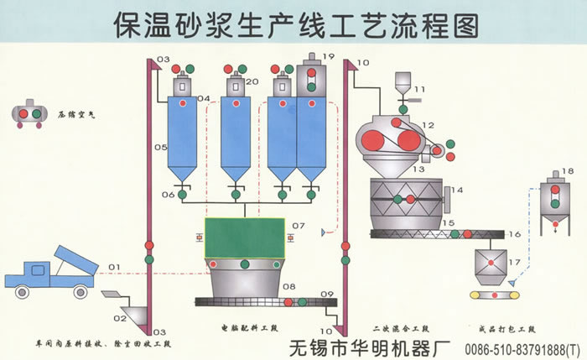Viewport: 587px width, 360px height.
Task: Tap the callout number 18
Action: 569,171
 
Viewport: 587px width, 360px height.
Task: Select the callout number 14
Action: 457,190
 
